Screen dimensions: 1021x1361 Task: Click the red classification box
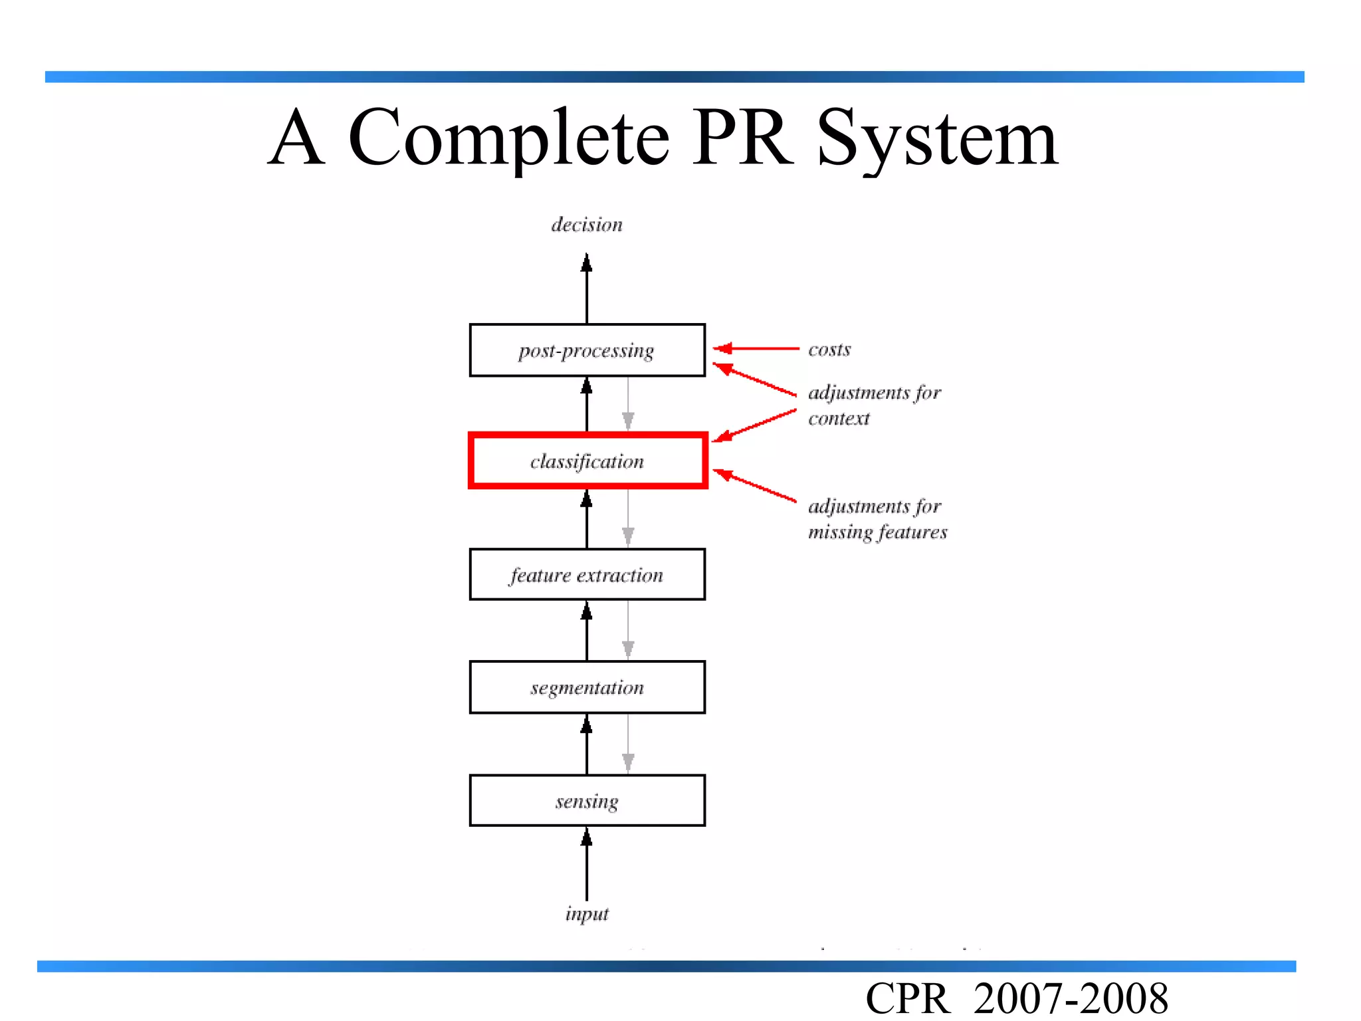587,461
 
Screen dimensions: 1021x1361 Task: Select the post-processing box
587,350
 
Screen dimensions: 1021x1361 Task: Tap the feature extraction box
587,574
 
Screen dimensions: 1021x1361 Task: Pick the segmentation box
587,687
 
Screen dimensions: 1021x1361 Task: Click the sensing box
587,800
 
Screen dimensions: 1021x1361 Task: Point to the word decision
587,225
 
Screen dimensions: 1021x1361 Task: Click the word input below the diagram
587,913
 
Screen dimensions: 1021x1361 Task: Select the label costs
829,350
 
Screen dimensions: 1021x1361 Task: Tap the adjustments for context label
873,405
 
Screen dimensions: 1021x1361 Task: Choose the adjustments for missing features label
877,518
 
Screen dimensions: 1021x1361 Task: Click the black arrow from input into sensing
587,864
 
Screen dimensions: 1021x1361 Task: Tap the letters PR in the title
743,138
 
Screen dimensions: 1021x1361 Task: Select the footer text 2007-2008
1071,998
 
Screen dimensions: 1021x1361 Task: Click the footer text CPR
908,998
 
